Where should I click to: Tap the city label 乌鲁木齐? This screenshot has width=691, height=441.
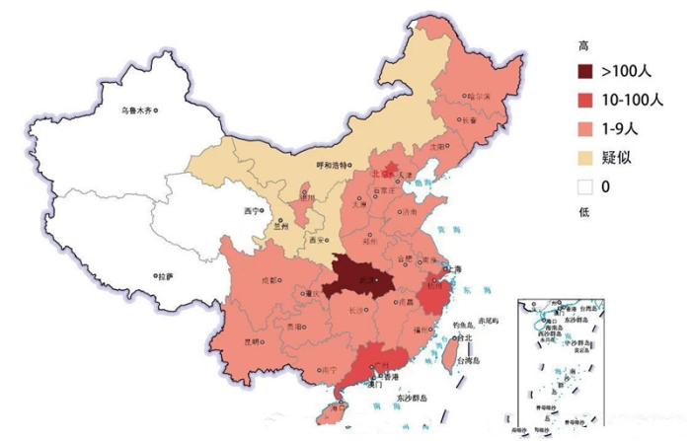point(135,110)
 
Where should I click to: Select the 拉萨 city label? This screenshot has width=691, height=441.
point(163,276)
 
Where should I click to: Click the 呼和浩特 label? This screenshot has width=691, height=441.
point(333,165)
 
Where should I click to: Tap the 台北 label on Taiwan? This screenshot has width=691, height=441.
point(462,337)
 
